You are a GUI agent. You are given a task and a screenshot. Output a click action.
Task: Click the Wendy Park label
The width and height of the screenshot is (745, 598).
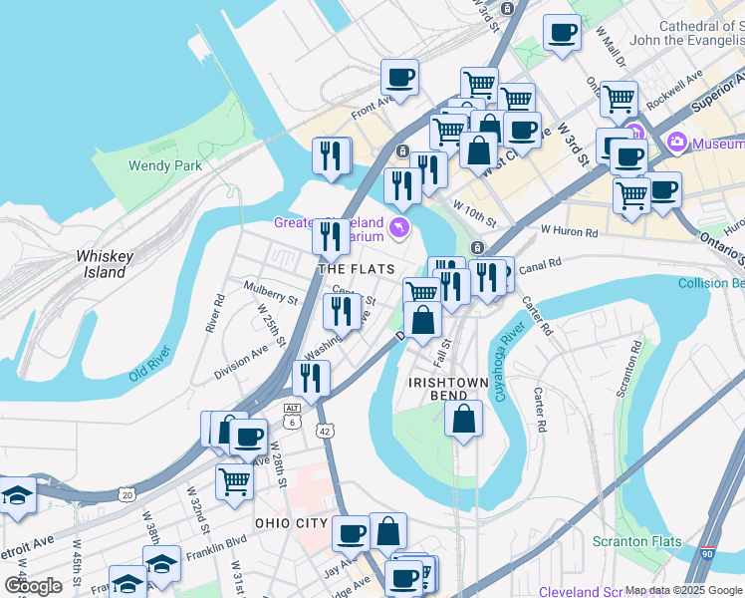pos(165,166)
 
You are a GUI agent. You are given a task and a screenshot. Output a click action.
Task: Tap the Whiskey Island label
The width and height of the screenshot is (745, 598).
pos(104,264)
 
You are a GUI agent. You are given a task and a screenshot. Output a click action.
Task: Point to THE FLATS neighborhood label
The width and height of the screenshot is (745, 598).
pos(356,269)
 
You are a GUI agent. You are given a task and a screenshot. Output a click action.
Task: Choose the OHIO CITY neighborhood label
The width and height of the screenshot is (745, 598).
pos(291,523)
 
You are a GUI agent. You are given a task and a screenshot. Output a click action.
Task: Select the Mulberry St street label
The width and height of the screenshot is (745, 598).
pos(271,292)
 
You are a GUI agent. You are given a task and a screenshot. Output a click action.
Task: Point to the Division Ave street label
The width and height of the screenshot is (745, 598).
pos(241,359)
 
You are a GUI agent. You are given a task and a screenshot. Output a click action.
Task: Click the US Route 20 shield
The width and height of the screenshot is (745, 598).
pos(125,494)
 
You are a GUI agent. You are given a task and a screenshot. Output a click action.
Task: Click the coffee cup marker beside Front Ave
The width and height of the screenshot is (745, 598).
pos(399,77)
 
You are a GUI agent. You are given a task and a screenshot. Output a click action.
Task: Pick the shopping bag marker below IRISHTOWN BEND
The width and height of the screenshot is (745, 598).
pos(463,419)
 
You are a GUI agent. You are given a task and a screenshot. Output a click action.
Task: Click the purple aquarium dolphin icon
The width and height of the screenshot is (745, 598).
pos(400,229)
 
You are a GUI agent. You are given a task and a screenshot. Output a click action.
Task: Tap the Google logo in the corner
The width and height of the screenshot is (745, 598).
pos(33,586)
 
